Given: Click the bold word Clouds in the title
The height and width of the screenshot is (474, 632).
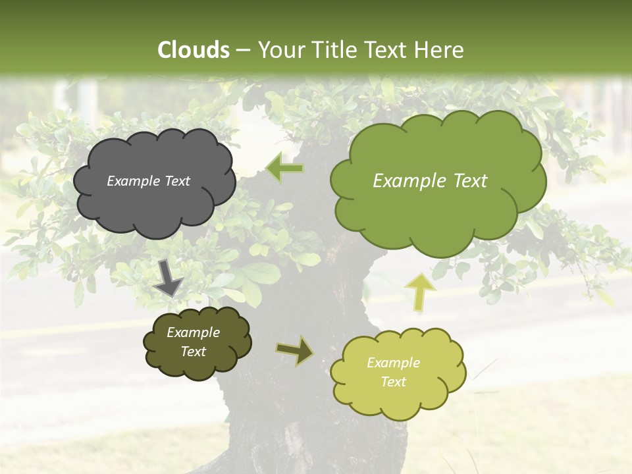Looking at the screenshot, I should (194, 50).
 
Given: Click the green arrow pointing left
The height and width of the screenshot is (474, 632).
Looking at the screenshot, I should (284, 169).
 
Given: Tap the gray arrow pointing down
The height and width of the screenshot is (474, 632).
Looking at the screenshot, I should (169, 276).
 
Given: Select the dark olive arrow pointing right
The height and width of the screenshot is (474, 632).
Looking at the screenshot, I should (296, 350).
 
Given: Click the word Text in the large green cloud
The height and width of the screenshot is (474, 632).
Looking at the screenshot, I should (465, 181).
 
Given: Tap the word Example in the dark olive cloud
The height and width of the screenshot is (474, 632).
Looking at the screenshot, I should (193, 332).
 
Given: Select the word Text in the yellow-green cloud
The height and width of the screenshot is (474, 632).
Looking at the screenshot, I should (393, 382).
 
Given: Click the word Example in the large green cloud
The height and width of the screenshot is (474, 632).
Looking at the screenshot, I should (404, 181).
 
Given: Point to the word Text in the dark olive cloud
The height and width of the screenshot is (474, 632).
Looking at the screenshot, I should (193, 352).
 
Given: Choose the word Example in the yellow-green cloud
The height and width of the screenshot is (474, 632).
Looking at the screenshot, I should (393, 363).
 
